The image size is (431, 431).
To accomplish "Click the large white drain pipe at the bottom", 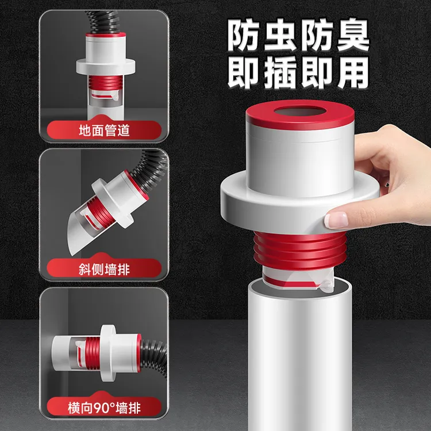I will click(299, 356).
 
